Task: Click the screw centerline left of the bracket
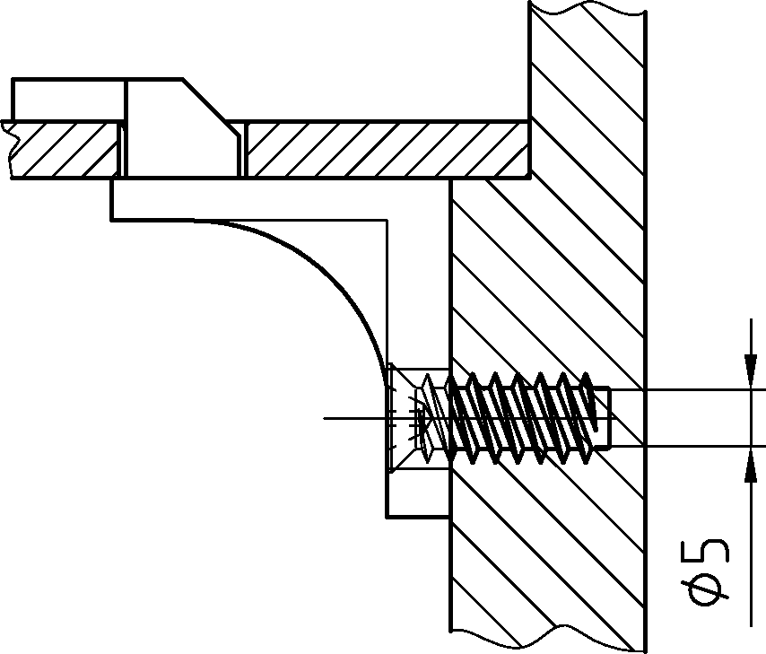(x=354, y=418)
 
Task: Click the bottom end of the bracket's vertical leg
(x=418, y=516)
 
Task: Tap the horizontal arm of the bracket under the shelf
(x=269, y=198)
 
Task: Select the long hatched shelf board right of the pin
(x=386, y=149)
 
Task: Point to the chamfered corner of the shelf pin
(x=213, y=107)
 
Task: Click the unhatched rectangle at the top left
(x=68, y=100)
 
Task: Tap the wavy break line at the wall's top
(x=588, y=8)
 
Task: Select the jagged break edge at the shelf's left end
(x=10, y=144)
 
